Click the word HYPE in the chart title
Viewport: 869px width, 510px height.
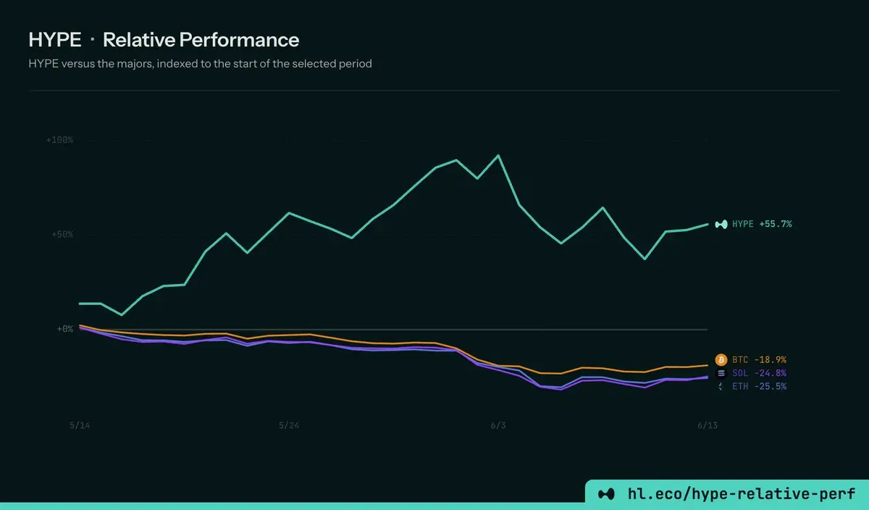click(x=55, y=40)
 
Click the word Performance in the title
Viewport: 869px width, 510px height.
click(x=239, y=40)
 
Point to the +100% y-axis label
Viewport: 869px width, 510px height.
click(x=59, y=140)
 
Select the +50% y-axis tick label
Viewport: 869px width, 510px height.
click(x=62, y=235)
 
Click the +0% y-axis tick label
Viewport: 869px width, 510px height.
click(x=65, y=329)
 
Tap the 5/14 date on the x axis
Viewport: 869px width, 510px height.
click(x=80, y=425)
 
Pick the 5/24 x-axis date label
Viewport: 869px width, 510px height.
click(x=289, y=425)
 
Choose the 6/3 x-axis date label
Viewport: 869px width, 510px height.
click(x=498, y=425)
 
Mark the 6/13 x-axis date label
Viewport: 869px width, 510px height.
click(x=708, y=425)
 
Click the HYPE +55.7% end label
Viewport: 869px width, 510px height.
click(x=762, y=224)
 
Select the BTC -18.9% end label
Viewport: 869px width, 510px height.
click(x=759, y=360)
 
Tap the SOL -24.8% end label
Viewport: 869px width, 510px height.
click(x=759, y=373)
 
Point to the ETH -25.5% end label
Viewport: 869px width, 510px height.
click(x=759, y=386)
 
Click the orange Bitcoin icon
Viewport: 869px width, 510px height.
click(x=721, y=360)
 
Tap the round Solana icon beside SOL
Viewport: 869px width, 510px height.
click(x=721, y=373)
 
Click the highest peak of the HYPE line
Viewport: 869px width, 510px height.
click(x=498, y=155)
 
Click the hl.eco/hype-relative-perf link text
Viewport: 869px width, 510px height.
click(x=742, y=493)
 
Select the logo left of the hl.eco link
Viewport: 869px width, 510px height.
click(x=606, y=494)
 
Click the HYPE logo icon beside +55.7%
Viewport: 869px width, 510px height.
click(x=721, y=225)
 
